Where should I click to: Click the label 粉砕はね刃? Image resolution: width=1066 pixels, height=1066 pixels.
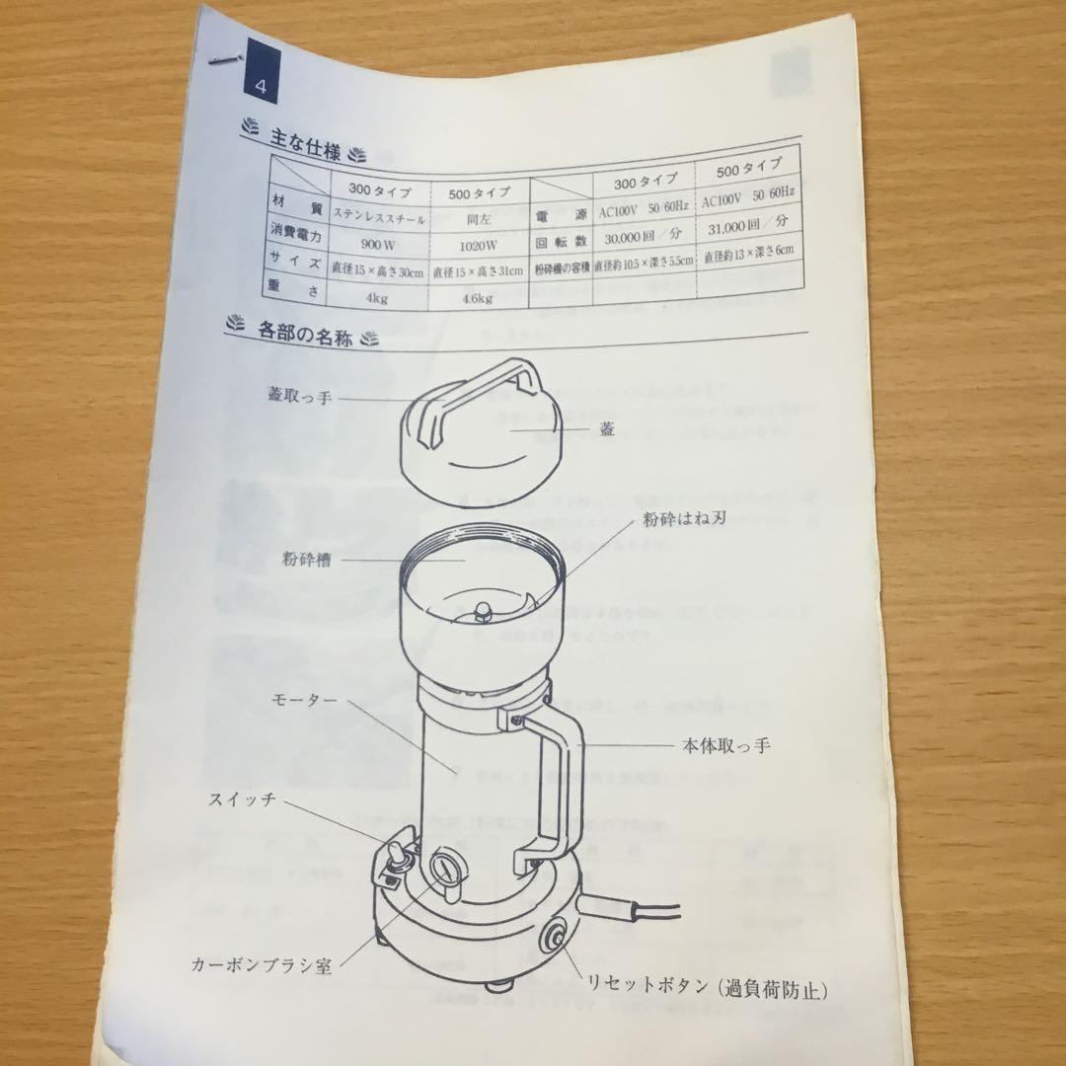coord(682,517)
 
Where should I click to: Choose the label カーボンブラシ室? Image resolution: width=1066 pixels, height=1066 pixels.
coord(261,962)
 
